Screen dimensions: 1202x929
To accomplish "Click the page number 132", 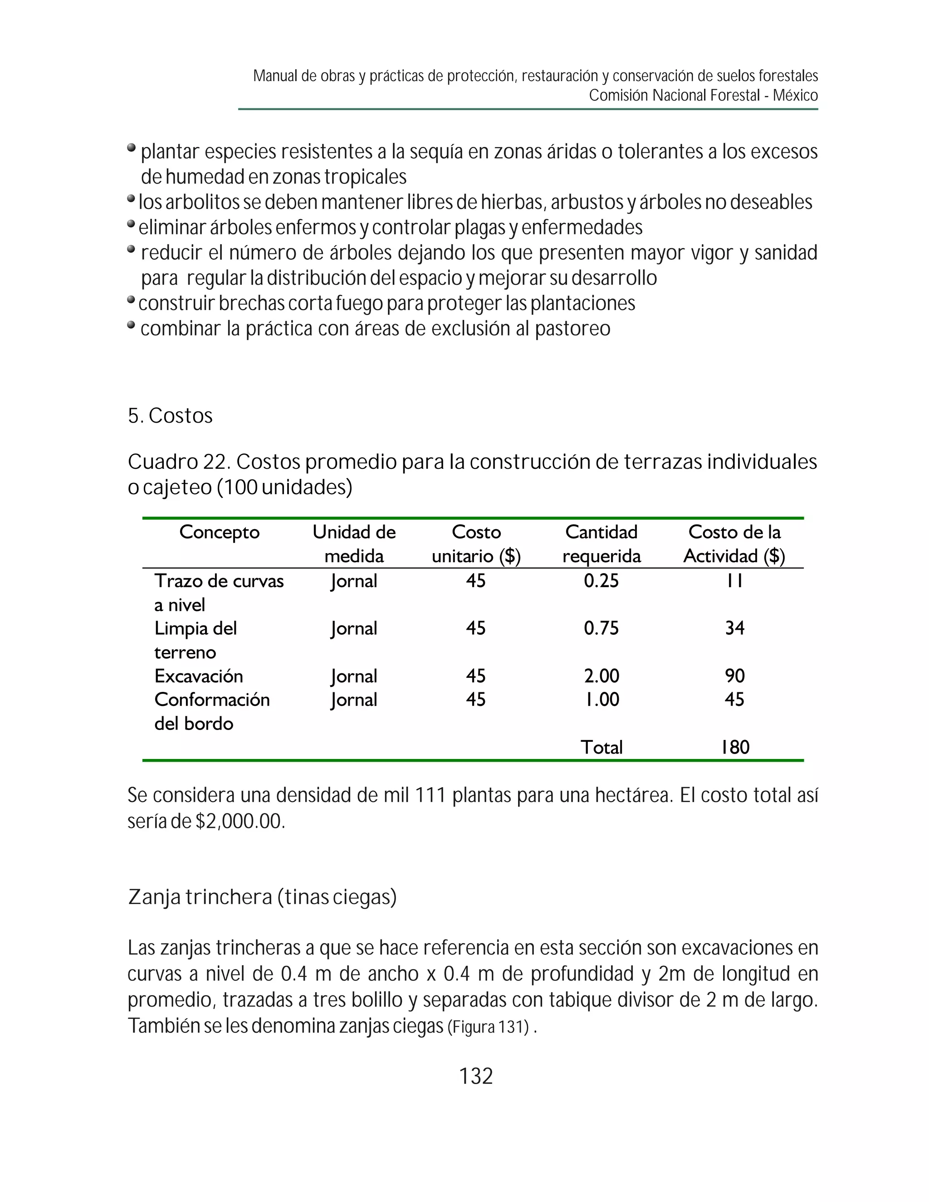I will pos(476,1076).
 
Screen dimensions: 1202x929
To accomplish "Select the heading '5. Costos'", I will pos(170,416).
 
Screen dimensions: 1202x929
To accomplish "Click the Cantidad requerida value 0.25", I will pos(601,581).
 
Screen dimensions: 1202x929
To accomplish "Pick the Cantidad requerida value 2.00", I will pos(601,676).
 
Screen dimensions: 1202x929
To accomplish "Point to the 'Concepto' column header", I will pos(219,532).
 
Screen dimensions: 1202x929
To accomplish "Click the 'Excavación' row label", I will pos(199,676).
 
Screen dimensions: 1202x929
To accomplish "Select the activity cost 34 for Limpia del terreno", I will pos(734,628).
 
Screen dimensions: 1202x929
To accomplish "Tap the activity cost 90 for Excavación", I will pos(734,676).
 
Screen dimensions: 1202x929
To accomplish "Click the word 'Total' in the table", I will pos(601,747).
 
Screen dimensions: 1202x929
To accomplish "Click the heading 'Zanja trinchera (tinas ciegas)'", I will pos(262,897).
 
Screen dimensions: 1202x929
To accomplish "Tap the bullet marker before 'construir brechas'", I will pos(131,300).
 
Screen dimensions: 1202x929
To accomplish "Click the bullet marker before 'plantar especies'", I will pos(131,147).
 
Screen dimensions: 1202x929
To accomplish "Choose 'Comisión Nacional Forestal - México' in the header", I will pos(703,95).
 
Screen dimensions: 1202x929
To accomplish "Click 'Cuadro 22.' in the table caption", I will pos(178,462).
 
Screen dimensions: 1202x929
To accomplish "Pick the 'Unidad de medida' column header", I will pos(354,544).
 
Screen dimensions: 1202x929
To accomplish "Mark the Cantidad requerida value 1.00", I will pos(601,700).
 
